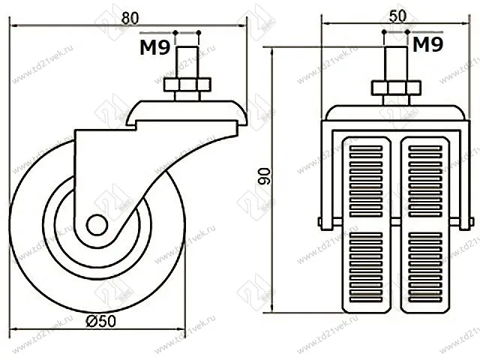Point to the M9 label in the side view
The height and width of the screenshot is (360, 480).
[x=154, y=48]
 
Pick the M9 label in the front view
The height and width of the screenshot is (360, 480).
[x=427, y=46]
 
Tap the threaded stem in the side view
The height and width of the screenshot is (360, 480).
[x=186, y=61]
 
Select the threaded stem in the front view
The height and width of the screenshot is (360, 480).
[x=394, y=61]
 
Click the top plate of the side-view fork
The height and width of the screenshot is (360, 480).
[x=187, y=112]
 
